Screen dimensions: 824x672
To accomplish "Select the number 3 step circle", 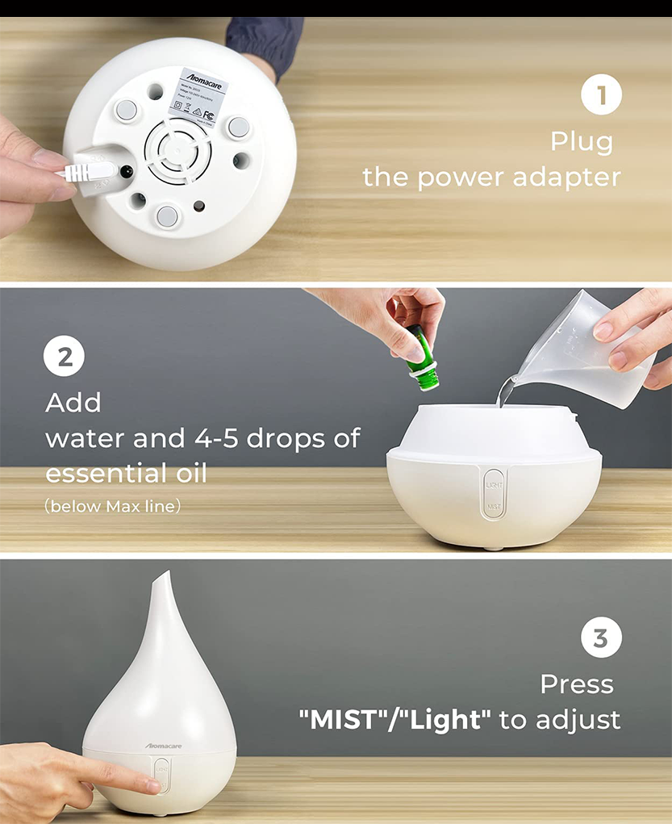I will [601, 639].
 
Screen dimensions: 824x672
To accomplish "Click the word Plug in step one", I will [582, 142].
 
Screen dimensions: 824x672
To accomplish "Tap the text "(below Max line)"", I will [113, 507].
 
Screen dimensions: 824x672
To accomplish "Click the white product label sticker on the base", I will [198, 98].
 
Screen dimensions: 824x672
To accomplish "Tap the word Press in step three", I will [577, 684].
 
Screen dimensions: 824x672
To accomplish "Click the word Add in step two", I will [73, 402].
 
